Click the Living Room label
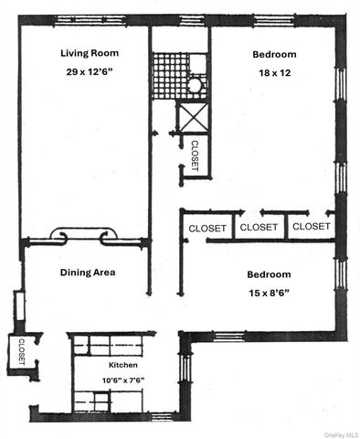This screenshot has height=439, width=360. (90, 53)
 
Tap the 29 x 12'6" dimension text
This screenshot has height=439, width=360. (90, 71)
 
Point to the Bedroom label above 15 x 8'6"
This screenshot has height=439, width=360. (269, 274)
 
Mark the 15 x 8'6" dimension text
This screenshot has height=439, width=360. (269, 293)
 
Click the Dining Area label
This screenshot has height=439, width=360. (88, 273)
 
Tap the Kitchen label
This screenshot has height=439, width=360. (124, 363)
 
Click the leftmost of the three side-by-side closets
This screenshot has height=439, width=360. (207, 227)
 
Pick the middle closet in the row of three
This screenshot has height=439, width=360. (259, 227)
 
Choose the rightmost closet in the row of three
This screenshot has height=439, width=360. (312, 227)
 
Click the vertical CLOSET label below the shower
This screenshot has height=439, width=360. (196, 154)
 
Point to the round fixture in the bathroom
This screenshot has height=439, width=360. (194, 86)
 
